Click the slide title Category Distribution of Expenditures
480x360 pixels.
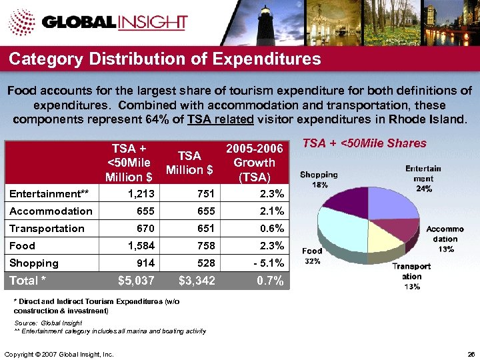click(165, 59)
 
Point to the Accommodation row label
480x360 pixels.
click(51, 211)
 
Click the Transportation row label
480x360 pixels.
click(47, 229)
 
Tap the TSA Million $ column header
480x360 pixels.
click(190, 163)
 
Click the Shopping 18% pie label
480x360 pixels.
click(319, 179)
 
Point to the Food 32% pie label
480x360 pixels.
click(312, 256)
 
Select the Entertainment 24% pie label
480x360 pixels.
click(424, 179)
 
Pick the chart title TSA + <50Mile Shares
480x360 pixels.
click(365, 143)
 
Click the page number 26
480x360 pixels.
click(471, 353)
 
